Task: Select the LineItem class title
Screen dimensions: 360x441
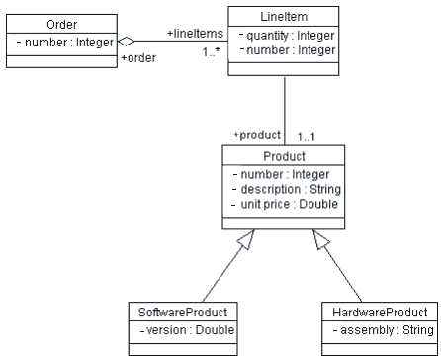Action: click(x=283, y=15)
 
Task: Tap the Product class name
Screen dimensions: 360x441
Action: click(x=284, y=156)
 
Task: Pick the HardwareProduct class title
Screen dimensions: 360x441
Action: click(x=380, y=312)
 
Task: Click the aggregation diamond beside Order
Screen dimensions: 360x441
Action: click(x=125, y=42)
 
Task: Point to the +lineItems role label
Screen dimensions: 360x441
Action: click(x=195, y=34)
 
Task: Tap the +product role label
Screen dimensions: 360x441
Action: click(x=256, y=135)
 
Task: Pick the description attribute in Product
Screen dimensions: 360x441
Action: click(x=286, y=189)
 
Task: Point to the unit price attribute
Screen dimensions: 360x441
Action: click(x=285, y=204)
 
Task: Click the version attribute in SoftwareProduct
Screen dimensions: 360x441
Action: click(x=186, y=329)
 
